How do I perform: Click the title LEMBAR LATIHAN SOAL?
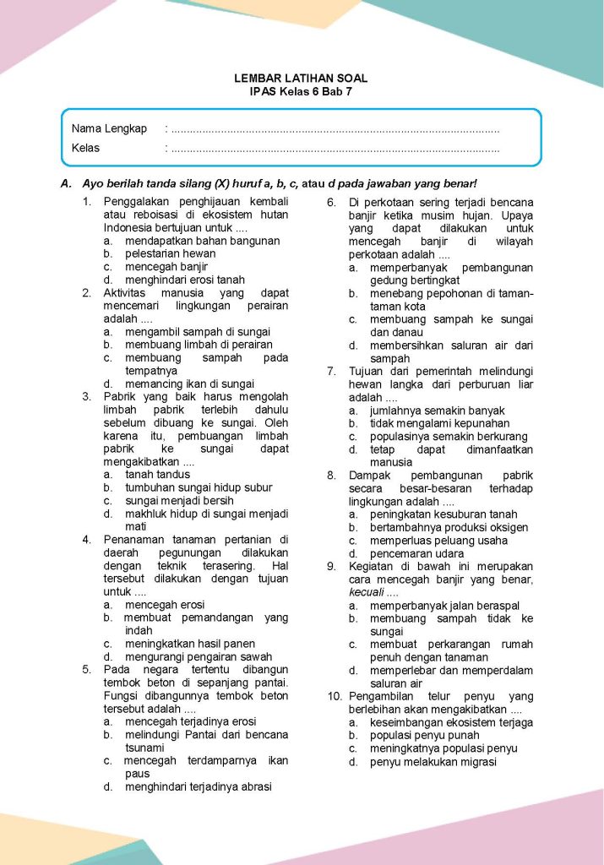pyautogui.click(x=301, y=79)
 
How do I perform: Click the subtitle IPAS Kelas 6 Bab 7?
pyautogui.click(x=301, y=91)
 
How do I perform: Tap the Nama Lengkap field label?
pyautogui.click(x=109, y=129)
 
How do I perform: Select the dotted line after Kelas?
pyautogui.click(x=334, y=149)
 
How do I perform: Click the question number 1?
pyautogui.click(x=87, y=202)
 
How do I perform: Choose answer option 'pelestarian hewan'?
pyautogui.click(x=170, y=253)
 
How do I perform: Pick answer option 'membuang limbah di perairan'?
pyautogui.click(x=199, y=345)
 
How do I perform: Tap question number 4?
pyautogui.click(x=87, y=540)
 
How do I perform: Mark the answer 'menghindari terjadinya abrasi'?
pyautogui.click(x=199, y=787)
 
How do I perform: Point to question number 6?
pyautogui.click(x=332, y=202)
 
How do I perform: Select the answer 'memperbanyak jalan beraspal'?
pyautogui.click(x=444, y=606)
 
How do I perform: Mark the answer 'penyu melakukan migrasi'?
pyautogui.click(x=433, y=762)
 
